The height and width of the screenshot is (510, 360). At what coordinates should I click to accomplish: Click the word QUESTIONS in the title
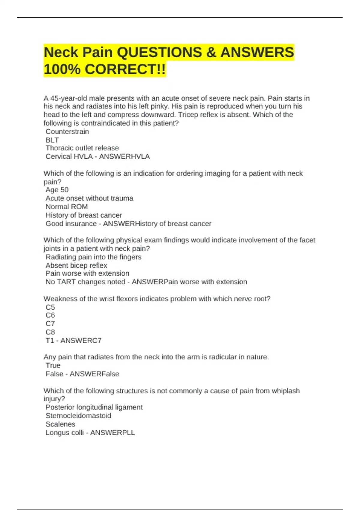[159, 52]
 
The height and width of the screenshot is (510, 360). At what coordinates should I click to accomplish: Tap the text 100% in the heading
[62, 69]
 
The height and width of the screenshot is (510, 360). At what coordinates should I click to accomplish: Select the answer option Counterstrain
[67, 132]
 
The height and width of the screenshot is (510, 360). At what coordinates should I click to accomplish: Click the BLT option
[52, 140]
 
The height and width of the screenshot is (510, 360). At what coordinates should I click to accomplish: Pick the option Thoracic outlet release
[82, 148]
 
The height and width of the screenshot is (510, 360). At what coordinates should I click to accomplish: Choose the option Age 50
[57, 190]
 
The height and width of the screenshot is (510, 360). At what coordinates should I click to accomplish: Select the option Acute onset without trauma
[89, 198]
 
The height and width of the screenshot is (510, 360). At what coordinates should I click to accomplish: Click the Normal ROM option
[67, 207]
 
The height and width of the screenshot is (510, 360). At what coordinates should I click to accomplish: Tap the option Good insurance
[71, 224]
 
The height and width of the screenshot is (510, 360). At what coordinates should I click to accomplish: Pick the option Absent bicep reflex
[76, 265]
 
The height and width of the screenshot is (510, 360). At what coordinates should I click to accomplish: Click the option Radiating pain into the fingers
[93, 257]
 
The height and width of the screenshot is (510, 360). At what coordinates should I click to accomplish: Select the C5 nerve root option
[50, 307]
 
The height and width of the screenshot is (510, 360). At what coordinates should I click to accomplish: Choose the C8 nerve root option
[50, 332]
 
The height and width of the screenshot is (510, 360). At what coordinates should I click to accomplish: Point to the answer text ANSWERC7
[81, 341]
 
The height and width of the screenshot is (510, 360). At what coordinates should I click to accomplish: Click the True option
[53, 365]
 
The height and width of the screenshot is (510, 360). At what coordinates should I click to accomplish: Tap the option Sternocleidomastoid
[78, 416]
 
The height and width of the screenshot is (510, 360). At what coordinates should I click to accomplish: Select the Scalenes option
[60, 424]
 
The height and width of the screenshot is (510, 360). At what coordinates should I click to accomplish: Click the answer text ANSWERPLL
[112, 433]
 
